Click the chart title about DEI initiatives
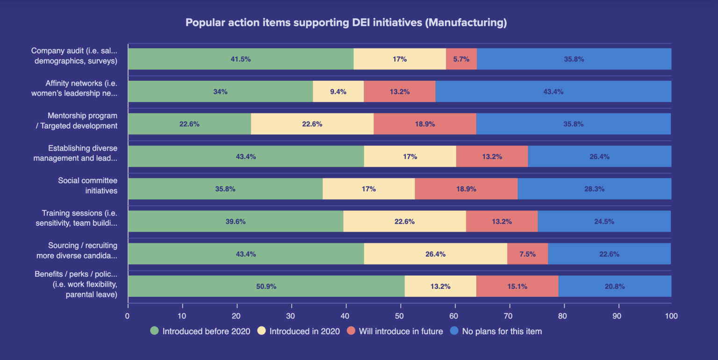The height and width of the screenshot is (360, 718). (x=346, y=23)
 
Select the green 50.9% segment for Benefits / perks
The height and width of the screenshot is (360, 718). (x=266, y=286)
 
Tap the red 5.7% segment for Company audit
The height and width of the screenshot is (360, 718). (x=461, y=59)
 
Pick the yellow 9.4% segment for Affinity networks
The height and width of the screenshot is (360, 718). (x=338, y=92)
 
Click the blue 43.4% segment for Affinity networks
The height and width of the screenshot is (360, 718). (x=553, y=92)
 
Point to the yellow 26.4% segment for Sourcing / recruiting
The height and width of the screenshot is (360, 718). (x=435, y=254)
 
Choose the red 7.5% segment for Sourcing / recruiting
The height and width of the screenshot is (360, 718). (x=527, y=254)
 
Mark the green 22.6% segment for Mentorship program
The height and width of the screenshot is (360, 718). (x=189, y=124)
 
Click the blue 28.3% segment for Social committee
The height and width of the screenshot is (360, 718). (x=594, y=189)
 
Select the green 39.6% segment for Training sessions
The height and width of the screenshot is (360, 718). (x=236, y=221)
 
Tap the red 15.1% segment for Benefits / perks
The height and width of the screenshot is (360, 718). (x=517, y=286)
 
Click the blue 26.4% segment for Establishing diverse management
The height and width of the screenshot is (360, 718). (x=599, y=157)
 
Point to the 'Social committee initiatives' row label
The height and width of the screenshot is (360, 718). (x=87, y=185)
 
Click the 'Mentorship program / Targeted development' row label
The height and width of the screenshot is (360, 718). (x=76, y=120)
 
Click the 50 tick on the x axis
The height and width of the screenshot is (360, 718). (x=400, y=316)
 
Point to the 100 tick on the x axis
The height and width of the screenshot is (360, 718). (x=671, y=316)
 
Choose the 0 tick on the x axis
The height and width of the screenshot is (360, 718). (x=128, y=316)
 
